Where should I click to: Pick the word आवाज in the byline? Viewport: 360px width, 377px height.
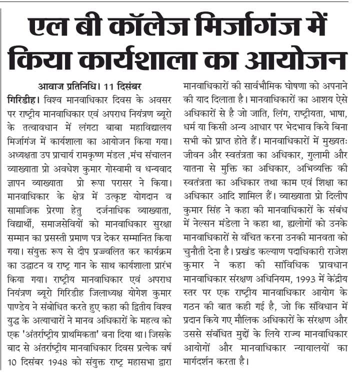(x=49, y=83)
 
